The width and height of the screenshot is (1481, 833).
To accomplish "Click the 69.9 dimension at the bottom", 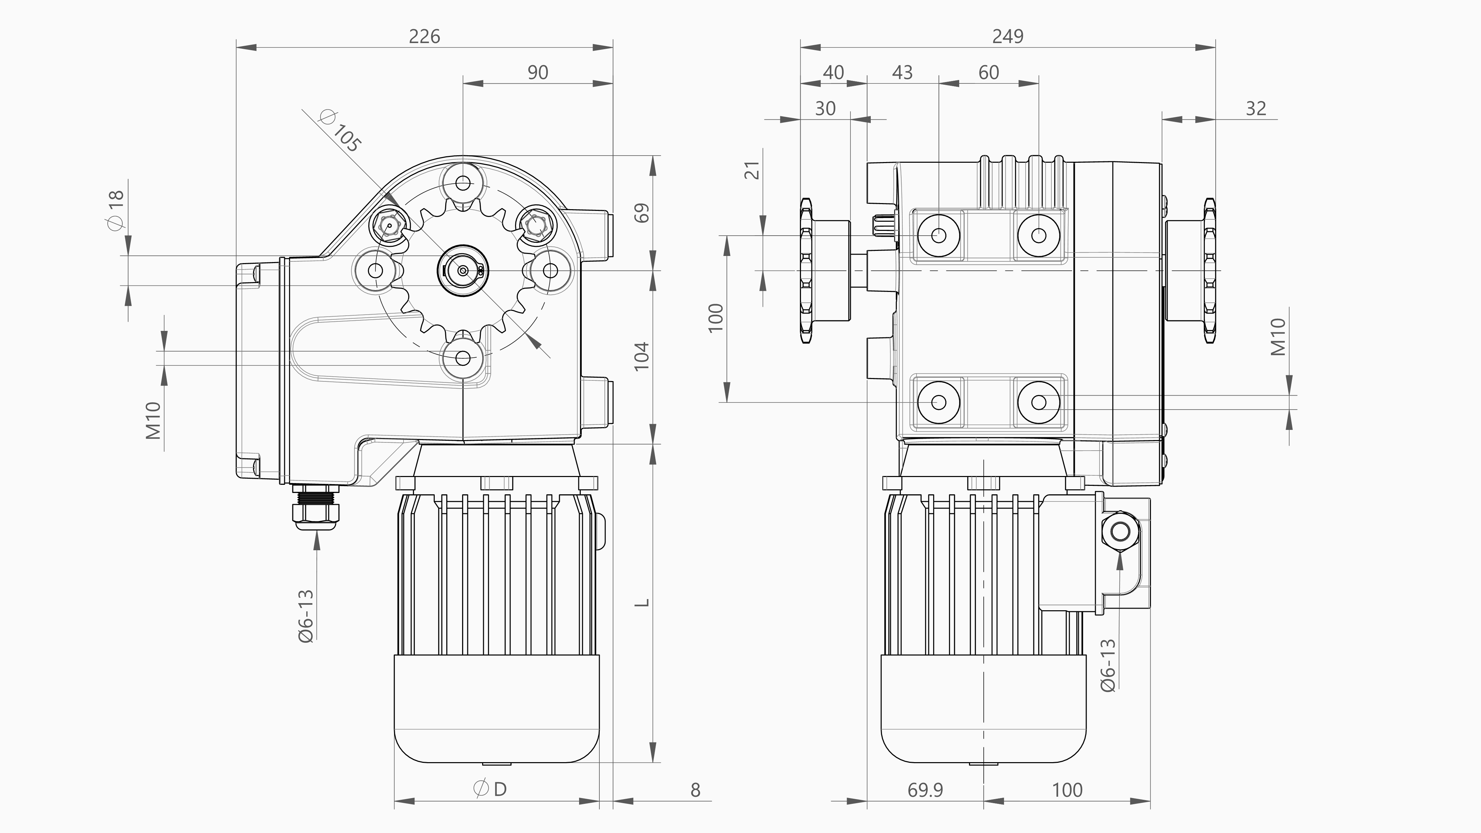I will click(925, 790).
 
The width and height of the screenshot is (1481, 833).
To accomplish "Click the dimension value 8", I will click(695, 790).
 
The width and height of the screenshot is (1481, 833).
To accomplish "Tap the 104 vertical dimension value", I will click(642, 356).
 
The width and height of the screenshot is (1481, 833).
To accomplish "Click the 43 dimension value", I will click(902, 73).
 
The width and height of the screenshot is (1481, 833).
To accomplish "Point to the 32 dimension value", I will click(1256, 109).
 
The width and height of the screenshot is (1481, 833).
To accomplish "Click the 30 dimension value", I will click(825, 109).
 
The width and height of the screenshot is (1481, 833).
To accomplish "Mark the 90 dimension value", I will click(538, 73).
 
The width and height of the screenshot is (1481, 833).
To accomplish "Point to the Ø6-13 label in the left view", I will click(306, 616).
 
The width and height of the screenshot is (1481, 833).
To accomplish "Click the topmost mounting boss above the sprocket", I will click(463, 183).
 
